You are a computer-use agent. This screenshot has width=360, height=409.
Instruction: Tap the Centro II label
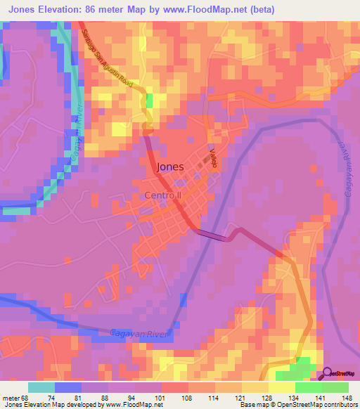click(x=163, y=195)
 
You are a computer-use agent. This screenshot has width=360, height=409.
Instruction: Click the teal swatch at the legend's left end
click(x=41, y=387)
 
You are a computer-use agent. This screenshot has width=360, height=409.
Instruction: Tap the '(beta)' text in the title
click(x=260, y=10)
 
